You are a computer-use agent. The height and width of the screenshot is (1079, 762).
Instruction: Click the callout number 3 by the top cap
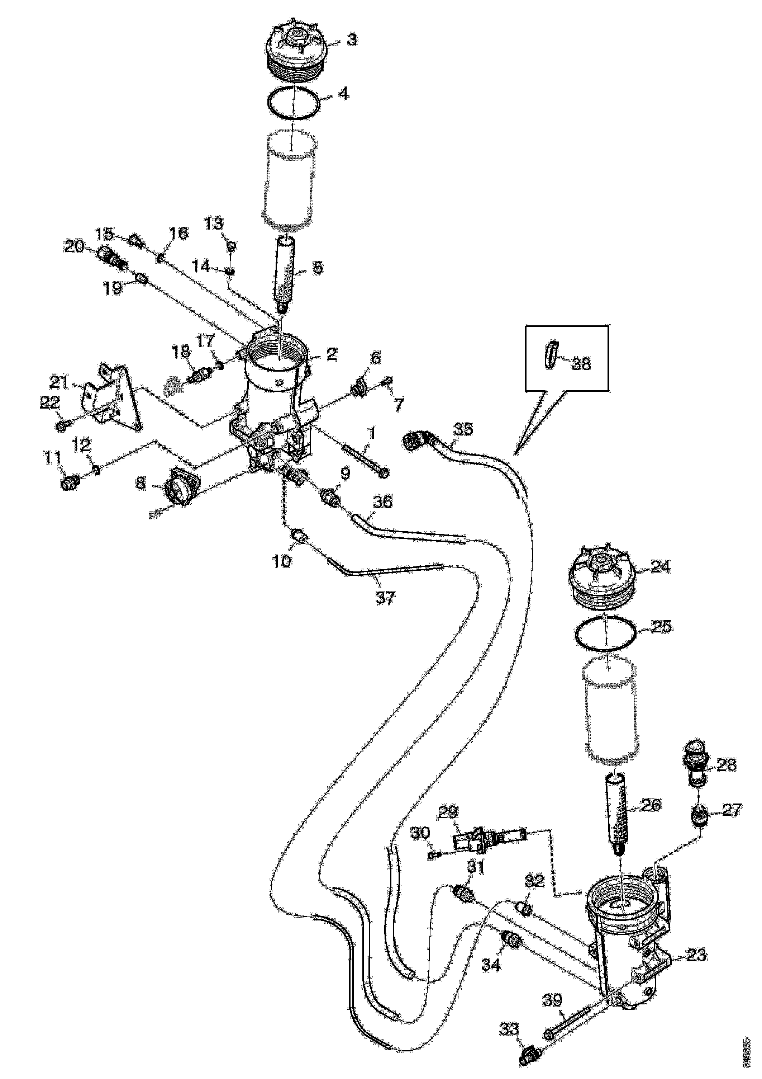click(x=352, y=39)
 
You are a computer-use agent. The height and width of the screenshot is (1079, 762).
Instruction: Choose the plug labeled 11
click(x=69, y=482)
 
